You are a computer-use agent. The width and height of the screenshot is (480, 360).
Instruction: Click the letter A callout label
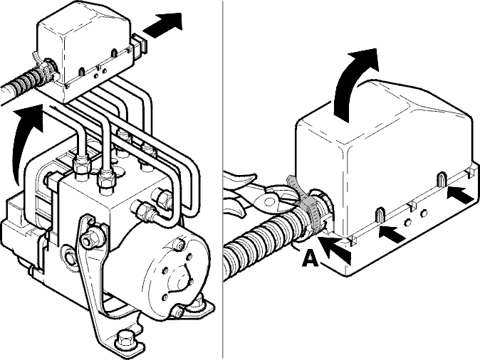tap(311, 258)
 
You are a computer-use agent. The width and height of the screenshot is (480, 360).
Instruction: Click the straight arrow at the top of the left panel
tap(162, 26)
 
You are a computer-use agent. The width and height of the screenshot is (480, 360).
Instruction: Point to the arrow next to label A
tap(335, 249)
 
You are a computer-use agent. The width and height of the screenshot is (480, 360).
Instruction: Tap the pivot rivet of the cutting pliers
tap(268, 201)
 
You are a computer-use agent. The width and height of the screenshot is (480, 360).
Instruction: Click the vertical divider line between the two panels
tap(222, 180)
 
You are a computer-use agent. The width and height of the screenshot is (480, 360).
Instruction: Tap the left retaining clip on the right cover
tap(380, 214)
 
